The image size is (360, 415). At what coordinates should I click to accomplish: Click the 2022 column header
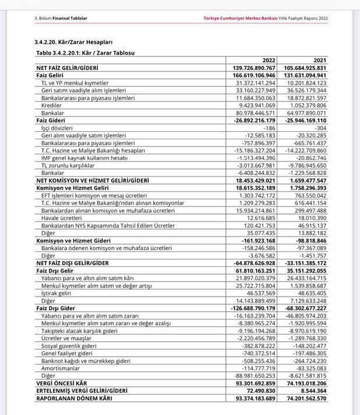pos(268,60)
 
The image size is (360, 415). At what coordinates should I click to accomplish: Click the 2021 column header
pos(320,60)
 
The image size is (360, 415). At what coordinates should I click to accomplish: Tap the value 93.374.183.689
pos(254,398)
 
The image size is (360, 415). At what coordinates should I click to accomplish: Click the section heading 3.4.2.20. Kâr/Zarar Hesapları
pos(74,43)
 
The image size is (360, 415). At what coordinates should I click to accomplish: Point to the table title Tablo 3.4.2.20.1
pos(85,52)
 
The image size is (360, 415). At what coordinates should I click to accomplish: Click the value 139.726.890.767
pos(254,68)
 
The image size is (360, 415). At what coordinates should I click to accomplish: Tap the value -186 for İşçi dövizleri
pos(269,128)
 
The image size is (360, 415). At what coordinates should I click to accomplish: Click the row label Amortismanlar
pos(60,368)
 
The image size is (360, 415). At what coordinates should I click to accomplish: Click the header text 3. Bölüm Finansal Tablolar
pos(61,18)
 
